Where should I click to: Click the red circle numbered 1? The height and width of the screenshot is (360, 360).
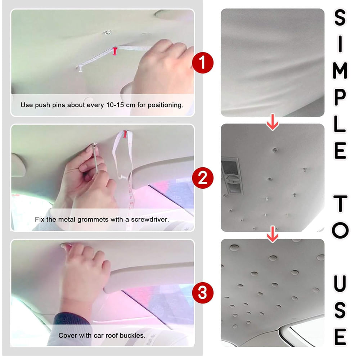[202, 63]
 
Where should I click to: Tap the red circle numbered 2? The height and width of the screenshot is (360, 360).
[202, 178]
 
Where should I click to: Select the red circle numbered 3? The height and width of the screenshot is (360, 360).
[202, 293]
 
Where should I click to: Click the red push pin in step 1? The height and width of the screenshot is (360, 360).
[115, 51]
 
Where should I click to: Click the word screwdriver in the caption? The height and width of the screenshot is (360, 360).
[150, 220]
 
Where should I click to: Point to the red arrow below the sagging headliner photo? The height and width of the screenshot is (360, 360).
[273, 122]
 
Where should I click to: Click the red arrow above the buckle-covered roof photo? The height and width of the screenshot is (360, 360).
[273, 234]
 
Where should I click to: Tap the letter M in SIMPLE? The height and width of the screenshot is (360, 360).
[340, 71]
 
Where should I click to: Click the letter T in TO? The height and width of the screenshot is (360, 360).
[340, 203]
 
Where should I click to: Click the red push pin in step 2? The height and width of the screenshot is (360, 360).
[125, 134]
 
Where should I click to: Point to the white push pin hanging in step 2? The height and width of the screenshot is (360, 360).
[122, 177]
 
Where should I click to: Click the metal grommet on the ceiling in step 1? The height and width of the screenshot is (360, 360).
[107, 32]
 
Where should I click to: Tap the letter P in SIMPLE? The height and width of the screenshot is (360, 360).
[340, 97]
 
